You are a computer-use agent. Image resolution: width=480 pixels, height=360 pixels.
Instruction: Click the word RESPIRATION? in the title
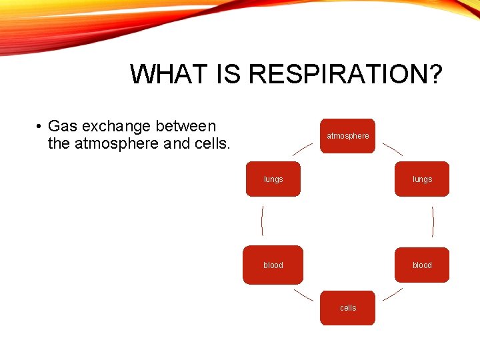345,74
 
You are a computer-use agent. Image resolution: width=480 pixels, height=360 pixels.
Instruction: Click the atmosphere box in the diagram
347,136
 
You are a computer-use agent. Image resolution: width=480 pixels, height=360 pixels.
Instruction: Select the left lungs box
273,179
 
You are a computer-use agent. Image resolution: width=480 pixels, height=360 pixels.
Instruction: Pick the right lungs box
422,179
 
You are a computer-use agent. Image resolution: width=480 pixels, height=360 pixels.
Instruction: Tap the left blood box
273,265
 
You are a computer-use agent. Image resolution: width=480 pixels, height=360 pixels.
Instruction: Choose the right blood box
422,265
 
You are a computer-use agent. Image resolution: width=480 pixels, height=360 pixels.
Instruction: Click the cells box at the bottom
347,308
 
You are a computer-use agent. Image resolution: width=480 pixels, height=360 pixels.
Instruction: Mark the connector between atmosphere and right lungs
393,149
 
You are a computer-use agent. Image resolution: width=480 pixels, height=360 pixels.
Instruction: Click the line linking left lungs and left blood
262,221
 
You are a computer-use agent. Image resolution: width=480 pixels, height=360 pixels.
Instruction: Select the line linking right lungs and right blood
433,221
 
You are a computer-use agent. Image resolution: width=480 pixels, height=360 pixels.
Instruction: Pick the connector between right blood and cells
393,295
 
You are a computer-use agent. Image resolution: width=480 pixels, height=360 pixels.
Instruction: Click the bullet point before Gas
40,127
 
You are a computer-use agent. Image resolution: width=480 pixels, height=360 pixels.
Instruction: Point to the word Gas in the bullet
63,126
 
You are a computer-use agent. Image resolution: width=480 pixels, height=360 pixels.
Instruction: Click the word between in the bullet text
185,126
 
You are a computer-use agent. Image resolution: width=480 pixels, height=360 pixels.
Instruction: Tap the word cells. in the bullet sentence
213,143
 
